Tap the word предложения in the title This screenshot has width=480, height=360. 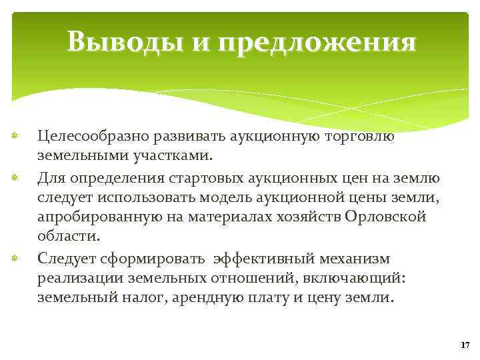pyautogui.click(x=316, y=44)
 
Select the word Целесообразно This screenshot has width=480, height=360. pyautogui.click(x=93, y=137)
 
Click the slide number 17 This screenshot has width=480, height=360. pyautogui.click(x=465, y=345)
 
